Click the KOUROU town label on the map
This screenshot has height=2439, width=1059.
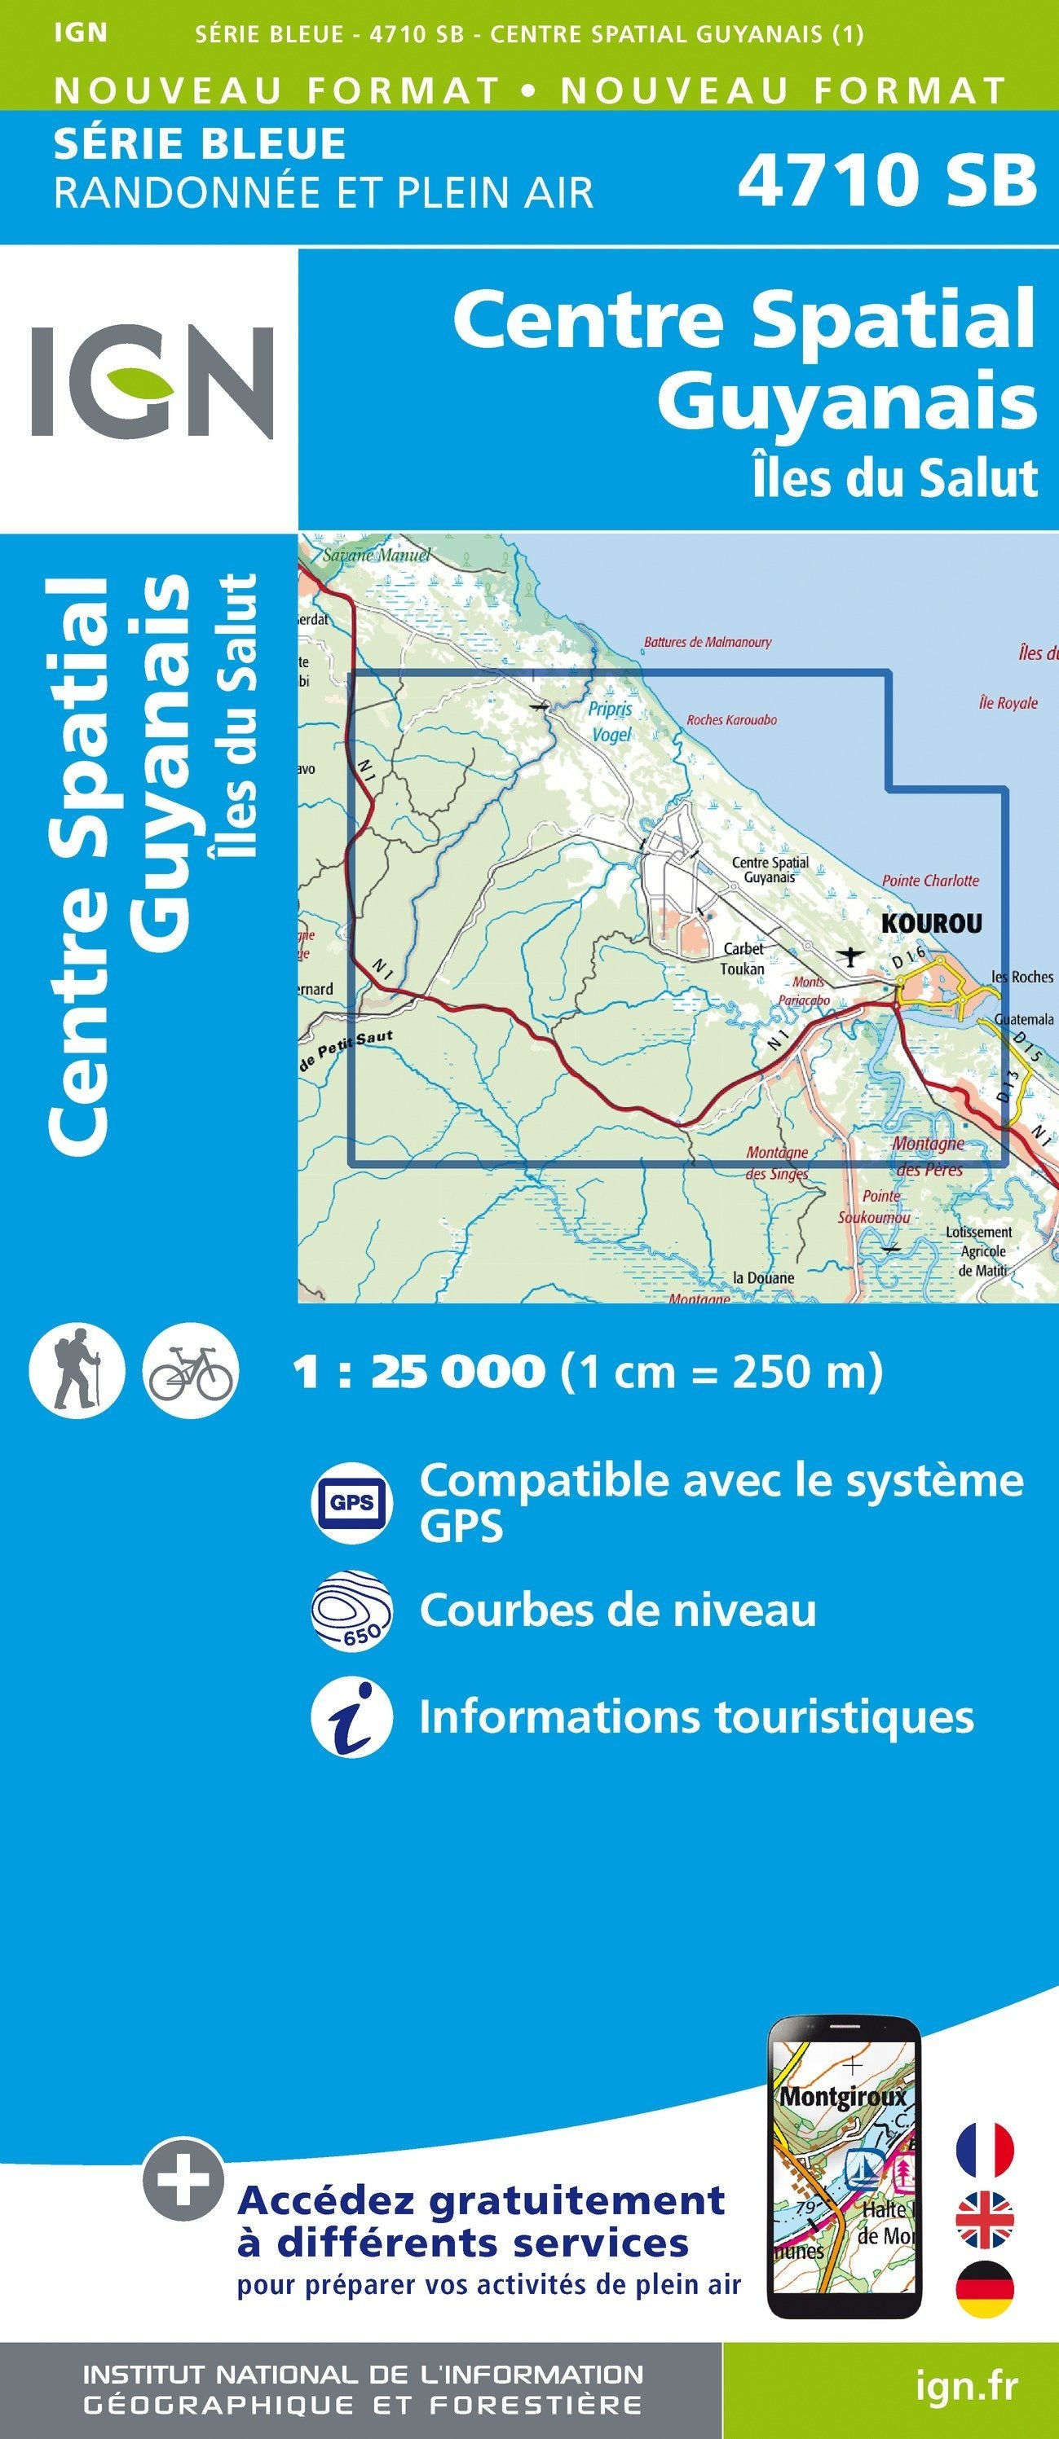[932, 923]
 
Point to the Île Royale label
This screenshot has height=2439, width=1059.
[1008, 704]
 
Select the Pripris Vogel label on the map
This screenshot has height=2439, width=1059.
[610, 722]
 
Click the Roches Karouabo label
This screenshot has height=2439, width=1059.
[731, 720]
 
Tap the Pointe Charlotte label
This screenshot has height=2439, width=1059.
[930, 881]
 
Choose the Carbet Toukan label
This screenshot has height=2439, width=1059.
[743, 958]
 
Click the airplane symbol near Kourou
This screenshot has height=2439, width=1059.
[853, 956]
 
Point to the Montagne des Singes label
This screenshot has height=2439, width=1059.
[778, 1162]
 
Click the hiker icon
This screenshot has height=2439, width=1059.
[77, 1371]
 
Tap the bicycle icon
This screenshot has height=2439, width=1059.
[191, 1371]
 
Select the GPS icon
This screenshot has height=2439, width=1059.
[351, 1503]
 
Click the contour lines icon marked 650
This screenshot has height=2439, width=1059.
[351, 1611]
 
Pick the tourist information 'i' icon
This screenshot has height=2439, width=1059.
[351, 1717]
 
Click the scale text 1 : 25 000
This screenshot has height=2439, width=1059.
[419, 1371]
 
